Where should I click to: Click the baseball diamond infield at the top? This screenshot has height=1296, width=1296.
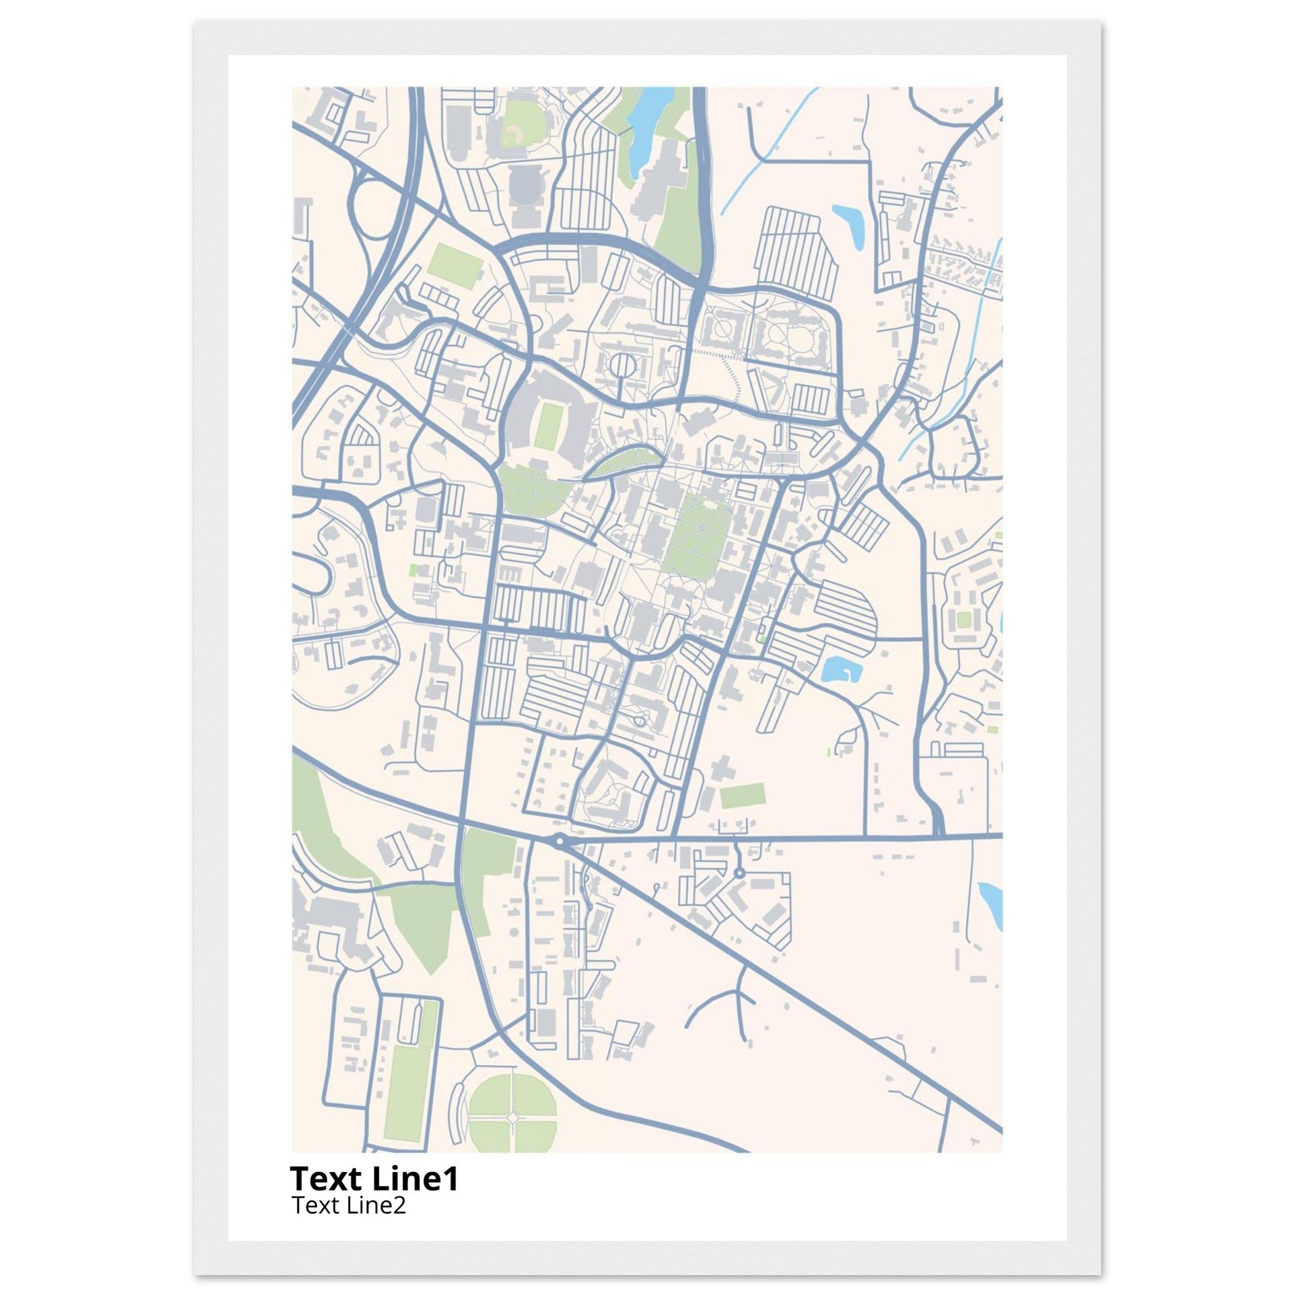[x=516, y=131]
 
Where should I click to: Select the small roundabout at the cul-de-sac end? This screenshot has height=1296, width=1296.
[x=739, y=873]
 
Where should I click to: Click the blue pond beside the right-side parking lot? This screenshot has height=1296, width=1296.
[x=838, y=670]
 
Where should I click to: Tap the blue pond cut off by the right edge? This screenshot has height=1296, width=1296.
[x=992, y=906]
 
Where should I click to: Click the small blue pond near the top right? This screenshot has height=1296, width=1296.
[x=848, y=224]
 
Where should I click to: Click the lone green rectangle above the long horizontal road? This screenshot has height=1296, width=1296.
[x=742, y=796]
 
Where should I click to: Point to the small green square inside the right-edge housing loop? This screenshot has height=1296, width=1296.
[x=963, y=619]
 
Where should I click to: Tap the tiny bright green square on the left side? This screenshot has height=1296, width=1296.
[x=413, y=570]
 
